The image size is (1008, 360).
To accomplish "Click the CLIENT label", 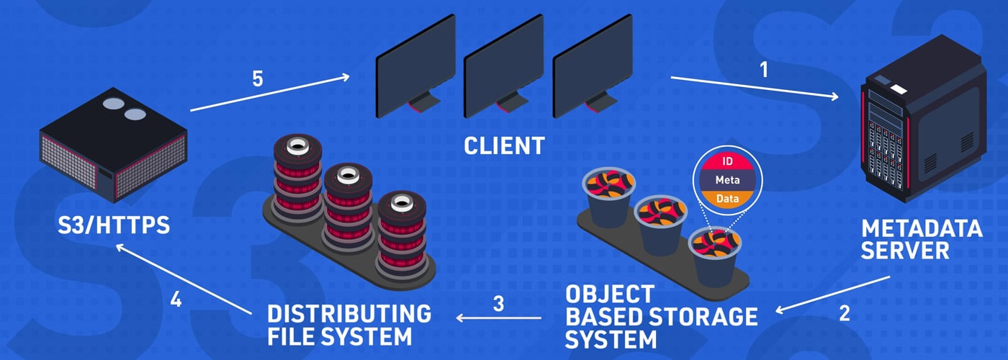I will pyautogui.click(x=504, y=146).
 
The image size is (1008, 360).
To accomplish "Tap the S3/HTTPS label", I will pyautogui.click(x=114, y=225).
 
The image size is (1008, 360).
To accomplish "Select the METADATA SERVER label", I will pyautogui.click(x=922, y=240).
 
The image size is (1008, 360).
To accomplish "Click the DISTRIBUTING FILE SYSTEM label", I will pyautogui.click(x=349, y=325).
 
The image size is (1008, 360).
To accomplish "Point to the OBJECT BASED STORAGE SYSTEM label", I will pyautogui.click(x=660, y=316).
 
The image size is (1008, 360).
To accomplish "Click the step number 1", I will pyautogui.click(x=764, y=70).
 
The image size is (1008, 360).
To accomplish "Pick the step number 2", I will pyautogui.click(x=845, y=314).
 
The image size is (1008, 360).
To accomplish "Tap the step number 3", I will pyautogui.click(x=498, y=302).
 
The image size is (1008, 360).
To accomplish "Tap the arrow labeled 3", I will pyautogui.click(x=500, y=318).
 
